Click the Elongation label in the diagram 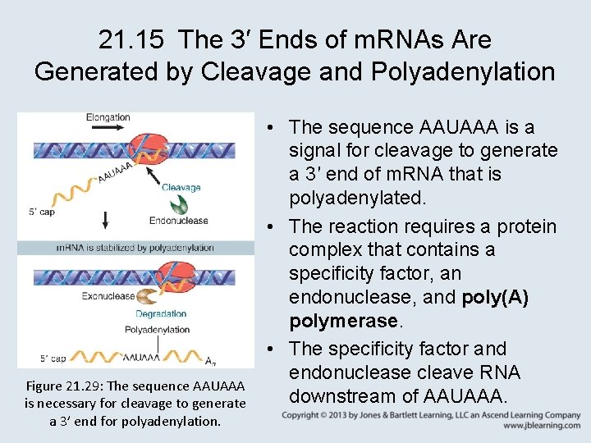pos(108,117)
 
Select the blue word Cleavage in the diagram pos(181,187)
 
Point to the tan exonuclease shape pos(148,296)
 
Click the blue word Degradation pos(161,313)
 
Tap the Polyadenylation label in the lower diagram pos(157,330)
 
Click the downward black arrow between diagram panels pos(105,220)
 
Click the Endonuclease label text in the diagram pos(178,220)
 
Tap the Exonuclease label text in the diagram pos(108,296)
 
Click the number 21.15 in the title pos(133,39)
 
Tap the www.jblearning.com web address pos(542,427)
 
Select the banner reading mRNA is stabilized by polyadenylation pos(135,247)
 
